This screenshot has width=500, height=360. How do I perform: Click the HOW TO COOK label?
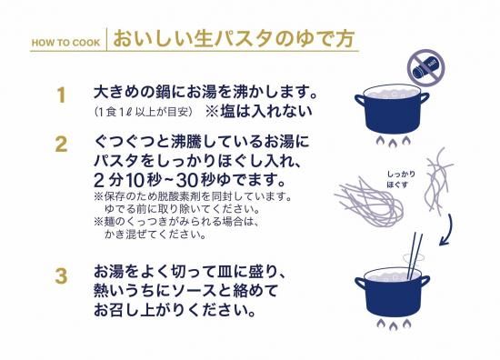coord(65,43)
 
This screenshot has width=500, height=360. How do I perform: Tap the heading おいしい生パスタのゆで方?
coord(234,39)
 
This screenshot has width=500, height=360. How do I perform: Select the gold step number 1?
coord(61,95)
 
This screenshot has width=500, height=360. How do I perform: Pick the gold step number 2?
coord(61,145)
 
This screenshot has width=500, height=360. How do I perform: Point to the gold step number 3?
coord(61,276)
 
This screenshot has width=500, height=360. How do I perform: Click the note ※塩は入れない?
coord(258,111)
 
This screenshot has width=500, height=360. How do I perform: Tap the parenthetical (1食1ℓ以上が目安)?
coord(144,112)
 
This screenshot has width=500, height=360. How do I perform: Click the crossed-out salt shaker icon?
coord(425,67)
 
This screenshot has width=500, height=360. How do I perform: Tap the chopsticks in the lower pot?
coord(415,255)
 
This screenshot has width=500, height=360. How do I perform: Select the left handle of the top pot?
coord(360,101)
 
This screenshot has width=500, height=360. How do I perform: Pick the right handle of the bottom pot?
coord(425,282)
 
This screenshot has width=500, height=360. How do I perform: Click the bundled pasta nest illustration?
coord(368,202)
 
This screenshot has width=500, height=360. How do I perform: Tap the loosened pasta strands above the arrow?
coord(438,180)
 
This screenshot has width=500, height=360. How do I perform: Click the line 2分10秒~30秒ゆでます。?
coord(189,180)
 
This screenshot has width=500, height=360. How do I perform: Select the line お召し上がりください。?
coord(175,310)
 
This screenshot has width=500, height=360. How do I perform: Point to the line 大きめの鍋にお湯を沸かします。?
coord(205,92)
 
